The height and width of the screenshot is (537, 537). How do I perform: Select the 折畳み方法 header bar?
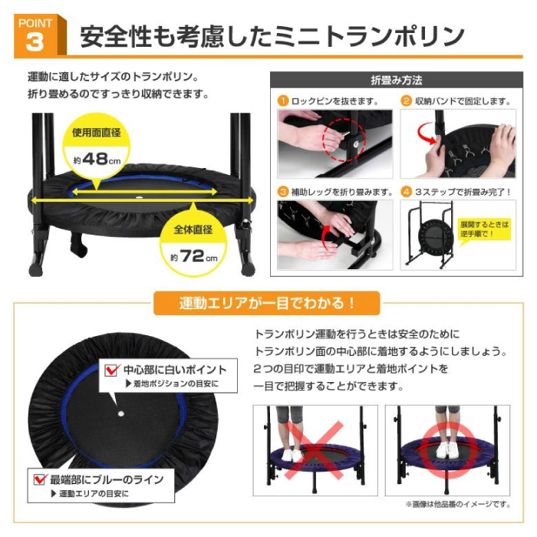click(397, 80)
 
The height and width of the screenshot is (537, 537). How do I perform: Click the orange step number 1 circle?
click(283, 100)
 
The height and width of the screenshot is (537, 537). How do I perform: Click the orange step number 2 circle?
click(406, 100)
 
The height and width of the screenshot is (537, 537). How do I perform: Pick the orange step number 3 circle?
click(283, 192)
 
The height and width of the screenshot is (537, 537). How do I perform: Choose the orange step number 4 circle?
click(406, 192)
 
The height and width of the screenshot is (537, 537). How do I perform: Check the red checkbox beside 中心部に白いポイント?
click(110, 370)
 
